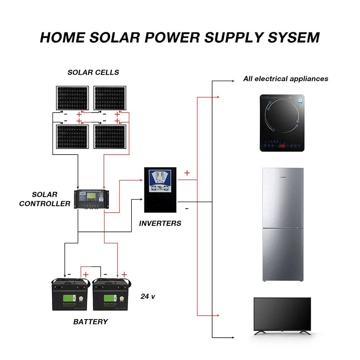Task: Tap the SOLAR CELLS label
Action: [x=93, y=72]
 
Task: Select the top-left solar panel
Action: [x=73, y=98]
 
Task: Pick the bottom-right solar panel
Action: [x=110, y=137]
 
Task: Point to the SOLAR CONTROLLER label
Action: [x=45, y=199]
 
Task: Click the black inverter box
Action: [x=160, y=190]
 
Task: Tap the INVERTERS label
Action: [x=160, y=223]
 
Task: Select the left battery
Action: [x=71, y=294]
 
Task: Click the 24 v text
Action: [x=148, y=296]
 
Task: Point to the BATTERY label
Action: [x=91, y=322]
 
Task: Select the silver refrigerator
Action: [x=283, y=224]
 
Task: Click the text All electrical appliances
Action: [x=285, y=79]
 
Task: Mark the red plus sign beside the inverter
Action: [x=187, y=173]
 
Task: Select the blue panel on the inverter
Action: [x=160, y=180]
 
